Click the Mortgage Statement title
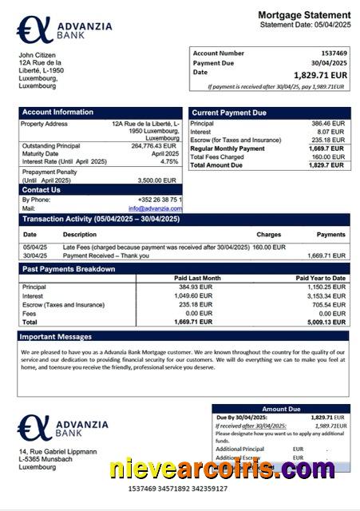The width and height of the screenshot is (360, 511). click(304, 15)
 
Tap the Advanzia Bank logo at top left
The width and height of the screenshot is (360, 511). click(65, 30)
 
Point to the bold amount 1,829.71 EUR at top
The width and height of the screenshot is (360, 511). click(321, 74)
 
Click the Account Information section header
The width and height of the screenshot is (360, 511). click(57, 113)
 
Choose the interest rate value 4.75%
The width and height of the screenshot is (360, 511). click(169, 161)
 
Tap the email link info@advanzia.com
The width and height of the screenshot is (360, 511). click(155, 208)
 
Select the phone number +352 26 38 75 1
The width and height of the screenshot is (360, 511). click(159, 200)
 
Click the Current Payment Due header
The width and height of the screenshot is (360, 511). click(229, 113)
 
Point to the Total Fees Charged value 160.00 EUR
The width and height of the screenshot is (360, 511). click(327, 156)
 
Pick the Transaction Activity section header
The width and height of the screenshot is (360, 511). click(95, 219)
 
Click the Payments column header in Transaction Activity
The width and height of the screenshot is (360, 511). click(330, 235)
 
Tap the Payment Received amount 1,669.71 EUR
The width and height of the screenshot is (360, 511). click(326, 255)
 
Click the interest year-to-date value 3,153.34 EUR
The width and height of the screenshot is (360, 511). click(326, 295)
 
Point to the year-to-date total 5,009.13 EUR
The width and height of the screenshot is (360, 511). click(326, 322)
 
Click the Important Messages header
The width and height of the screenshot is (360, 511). click(57, 337)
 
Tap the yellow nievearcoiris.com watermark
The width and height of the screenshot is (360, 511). click(223, 469)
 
